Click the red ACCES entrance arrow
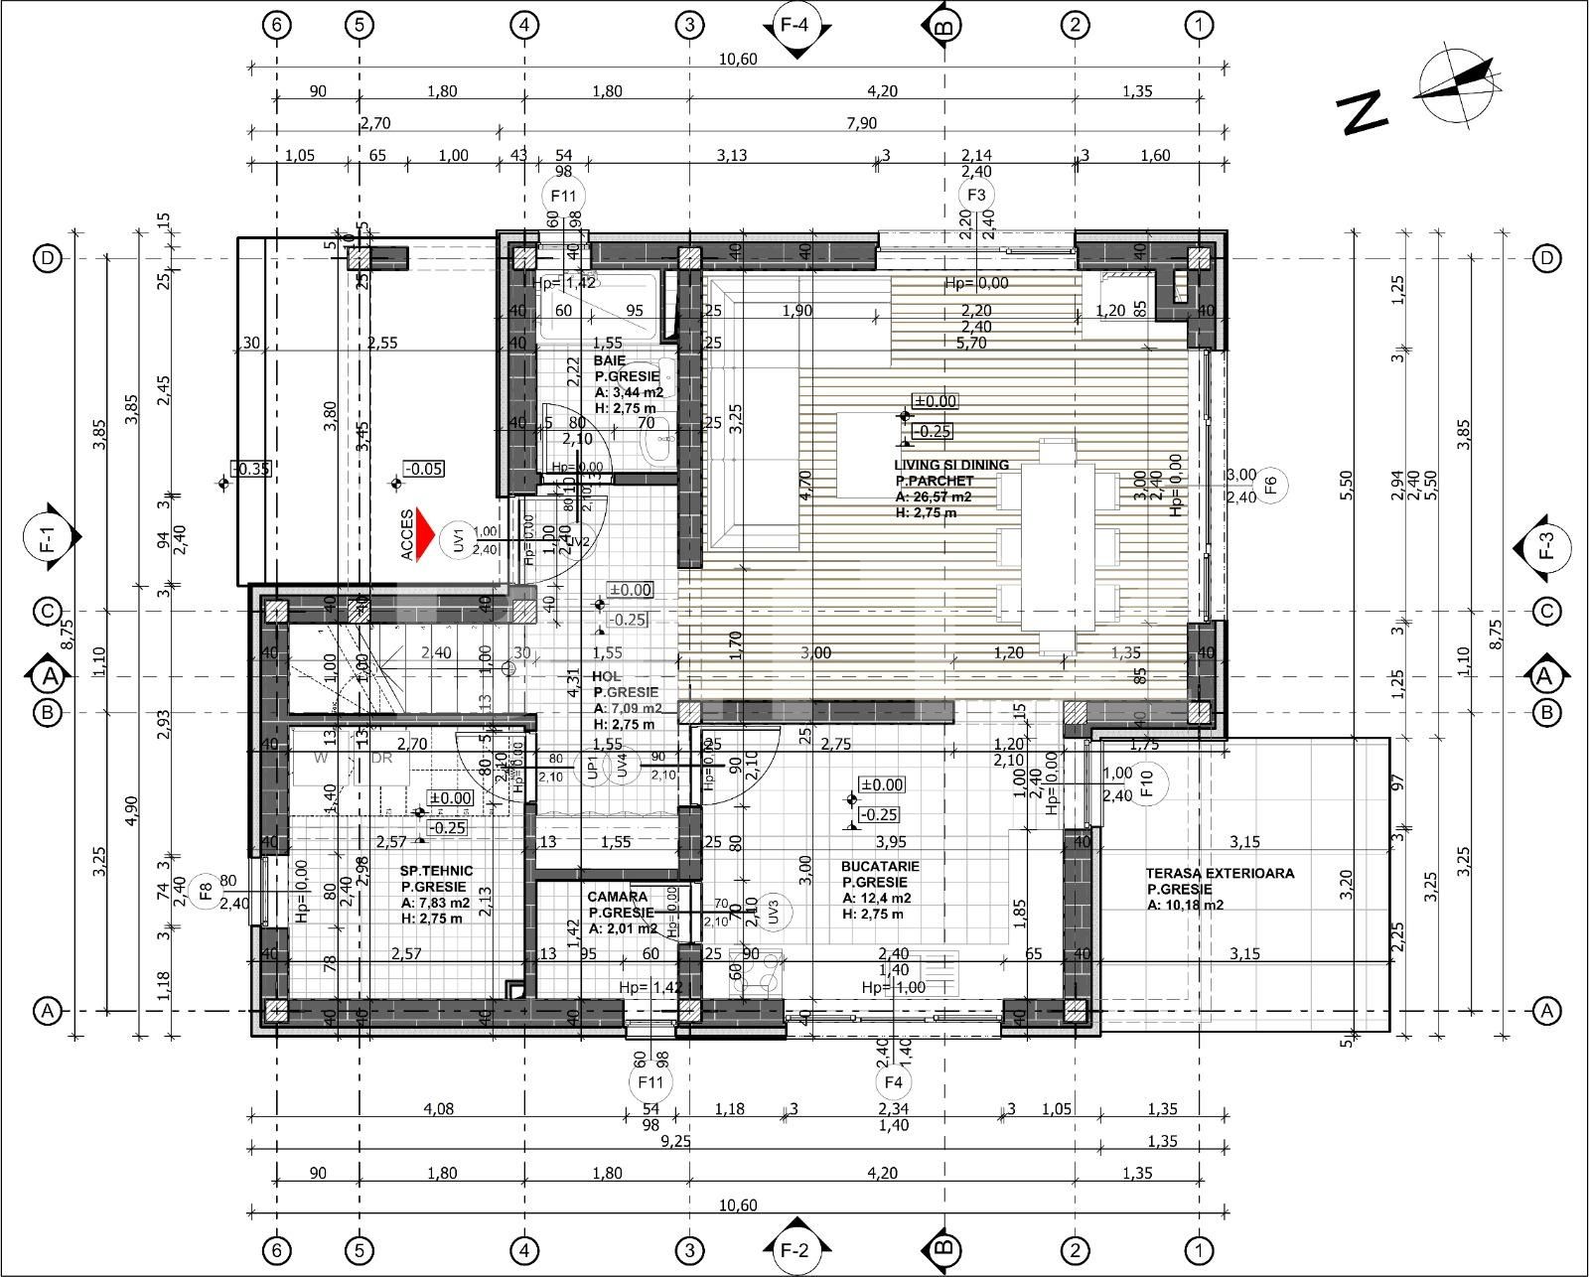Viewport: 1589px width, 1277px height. [x=426, y=534]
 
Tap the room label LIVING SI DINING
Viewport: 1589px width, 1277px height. [x=950, y=465]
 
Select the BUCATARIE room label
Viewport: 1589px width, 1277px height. [x=879, y=866]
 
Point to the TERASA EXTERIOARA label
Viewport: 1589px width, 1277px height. [x=1220, y=874]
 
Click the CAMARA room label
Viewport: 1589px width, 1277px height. [x=617, y=897]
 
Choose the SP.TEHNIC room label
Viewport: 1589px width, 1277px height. [x=437, y=871]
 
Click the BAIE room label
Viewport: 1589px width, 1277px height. [x=609, y=360]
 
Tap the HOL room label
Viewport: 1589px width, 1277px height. [x=606, y=676]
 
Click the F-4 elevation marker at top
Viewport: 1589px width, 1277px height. [x=794, y=27]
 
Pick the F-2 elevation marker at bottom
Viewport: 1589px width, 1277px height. [x=794, y=1250]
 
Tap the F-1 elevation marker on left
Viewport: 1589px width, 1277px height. [x=48, y=537]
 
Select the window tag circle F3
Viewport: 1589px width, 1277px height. [x=976, y=195]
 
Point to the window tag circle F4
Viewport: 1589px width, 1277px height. [x=893, y=1081]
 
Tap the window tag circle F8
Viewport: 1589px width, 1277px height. [x=206, y=891]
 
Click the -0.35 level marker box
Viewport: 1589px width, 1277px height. [x=251, y=469]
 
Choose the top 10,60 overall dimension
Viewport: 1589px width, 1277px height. [x=738, y=59]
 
